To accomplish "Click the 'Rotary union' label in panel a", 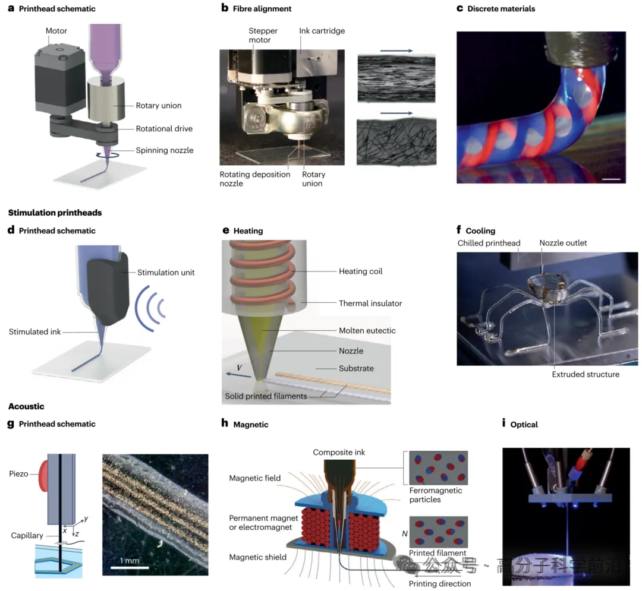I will pos(159,106).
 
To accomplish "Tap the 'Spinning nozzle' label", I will pos(163,150).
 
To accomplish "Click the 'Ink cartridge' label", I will pos(322,31).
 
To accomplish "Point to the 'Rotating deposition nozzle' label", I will pos(255,179).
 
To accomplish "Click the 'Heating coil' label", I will pos(360,271).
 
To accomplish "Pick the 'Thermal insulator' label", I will pos(370,304).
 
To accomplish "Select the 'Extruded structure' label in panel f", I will pos(585,374).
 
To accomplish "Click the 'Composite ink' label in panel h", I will pos(339,453).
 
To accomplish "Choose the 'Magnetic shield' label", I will pos(258,557).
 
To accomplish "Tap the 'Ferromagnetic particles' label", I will pos(436,495).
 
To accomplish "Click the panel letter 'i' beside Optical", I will pos(504,424).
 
